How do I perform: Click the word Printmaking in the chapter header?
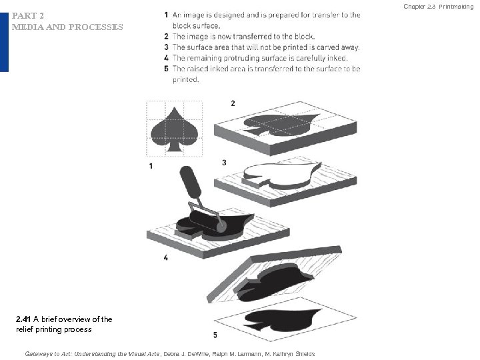coord(456,7)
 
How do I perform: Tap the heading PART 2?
coord(28,15)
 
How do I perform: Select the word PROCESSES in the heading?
coord(96,27)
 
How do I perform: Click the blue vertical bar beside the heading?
coord(4,42)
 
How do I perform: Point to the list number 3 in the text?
coord(166,47)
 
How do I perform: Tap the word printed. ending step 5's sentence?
coord(186,79)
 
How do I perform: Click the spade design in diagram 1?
coord(174,129)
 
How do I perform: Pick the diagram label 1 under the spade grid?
coord(151,166)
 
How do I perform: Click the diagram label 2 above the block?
coord(233,103)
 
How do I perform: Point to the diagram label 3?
coord(225,163)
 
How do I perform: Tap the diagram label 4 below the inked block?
coord(165,257)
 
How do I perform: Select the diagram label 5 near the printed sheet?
coord(215,335)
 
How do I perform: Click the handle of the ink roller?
coord(190,181)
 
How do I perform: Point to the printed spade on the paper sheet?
coord(281,320)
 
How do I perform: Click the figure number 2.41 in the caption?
coord(23,319)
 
